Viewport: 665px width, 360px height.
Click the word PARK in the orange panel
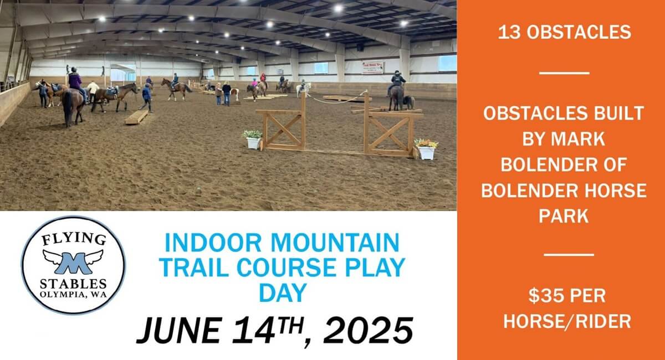click(564, 216)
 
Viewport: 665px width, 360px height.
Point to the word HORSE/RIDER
click(567, 321)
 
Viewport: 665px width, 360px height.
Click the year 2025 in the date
click(368, 330)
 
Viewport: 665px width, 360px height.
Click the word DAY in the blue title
click(283, 293)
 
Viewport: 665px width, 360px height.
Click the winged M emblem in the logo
click(73, 262)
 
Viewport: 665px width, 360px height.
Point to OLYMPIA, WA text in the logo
click(73, 295)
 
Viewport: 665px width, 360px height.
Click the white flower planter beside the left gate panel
click(253, 139)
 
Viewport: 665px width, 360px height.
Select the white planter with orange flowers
click(426, 150)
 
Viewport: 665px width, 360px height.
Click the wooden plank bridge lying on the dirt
click(136, 117)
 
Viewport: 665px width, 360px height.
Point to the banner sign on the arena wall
click(373, 68)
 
